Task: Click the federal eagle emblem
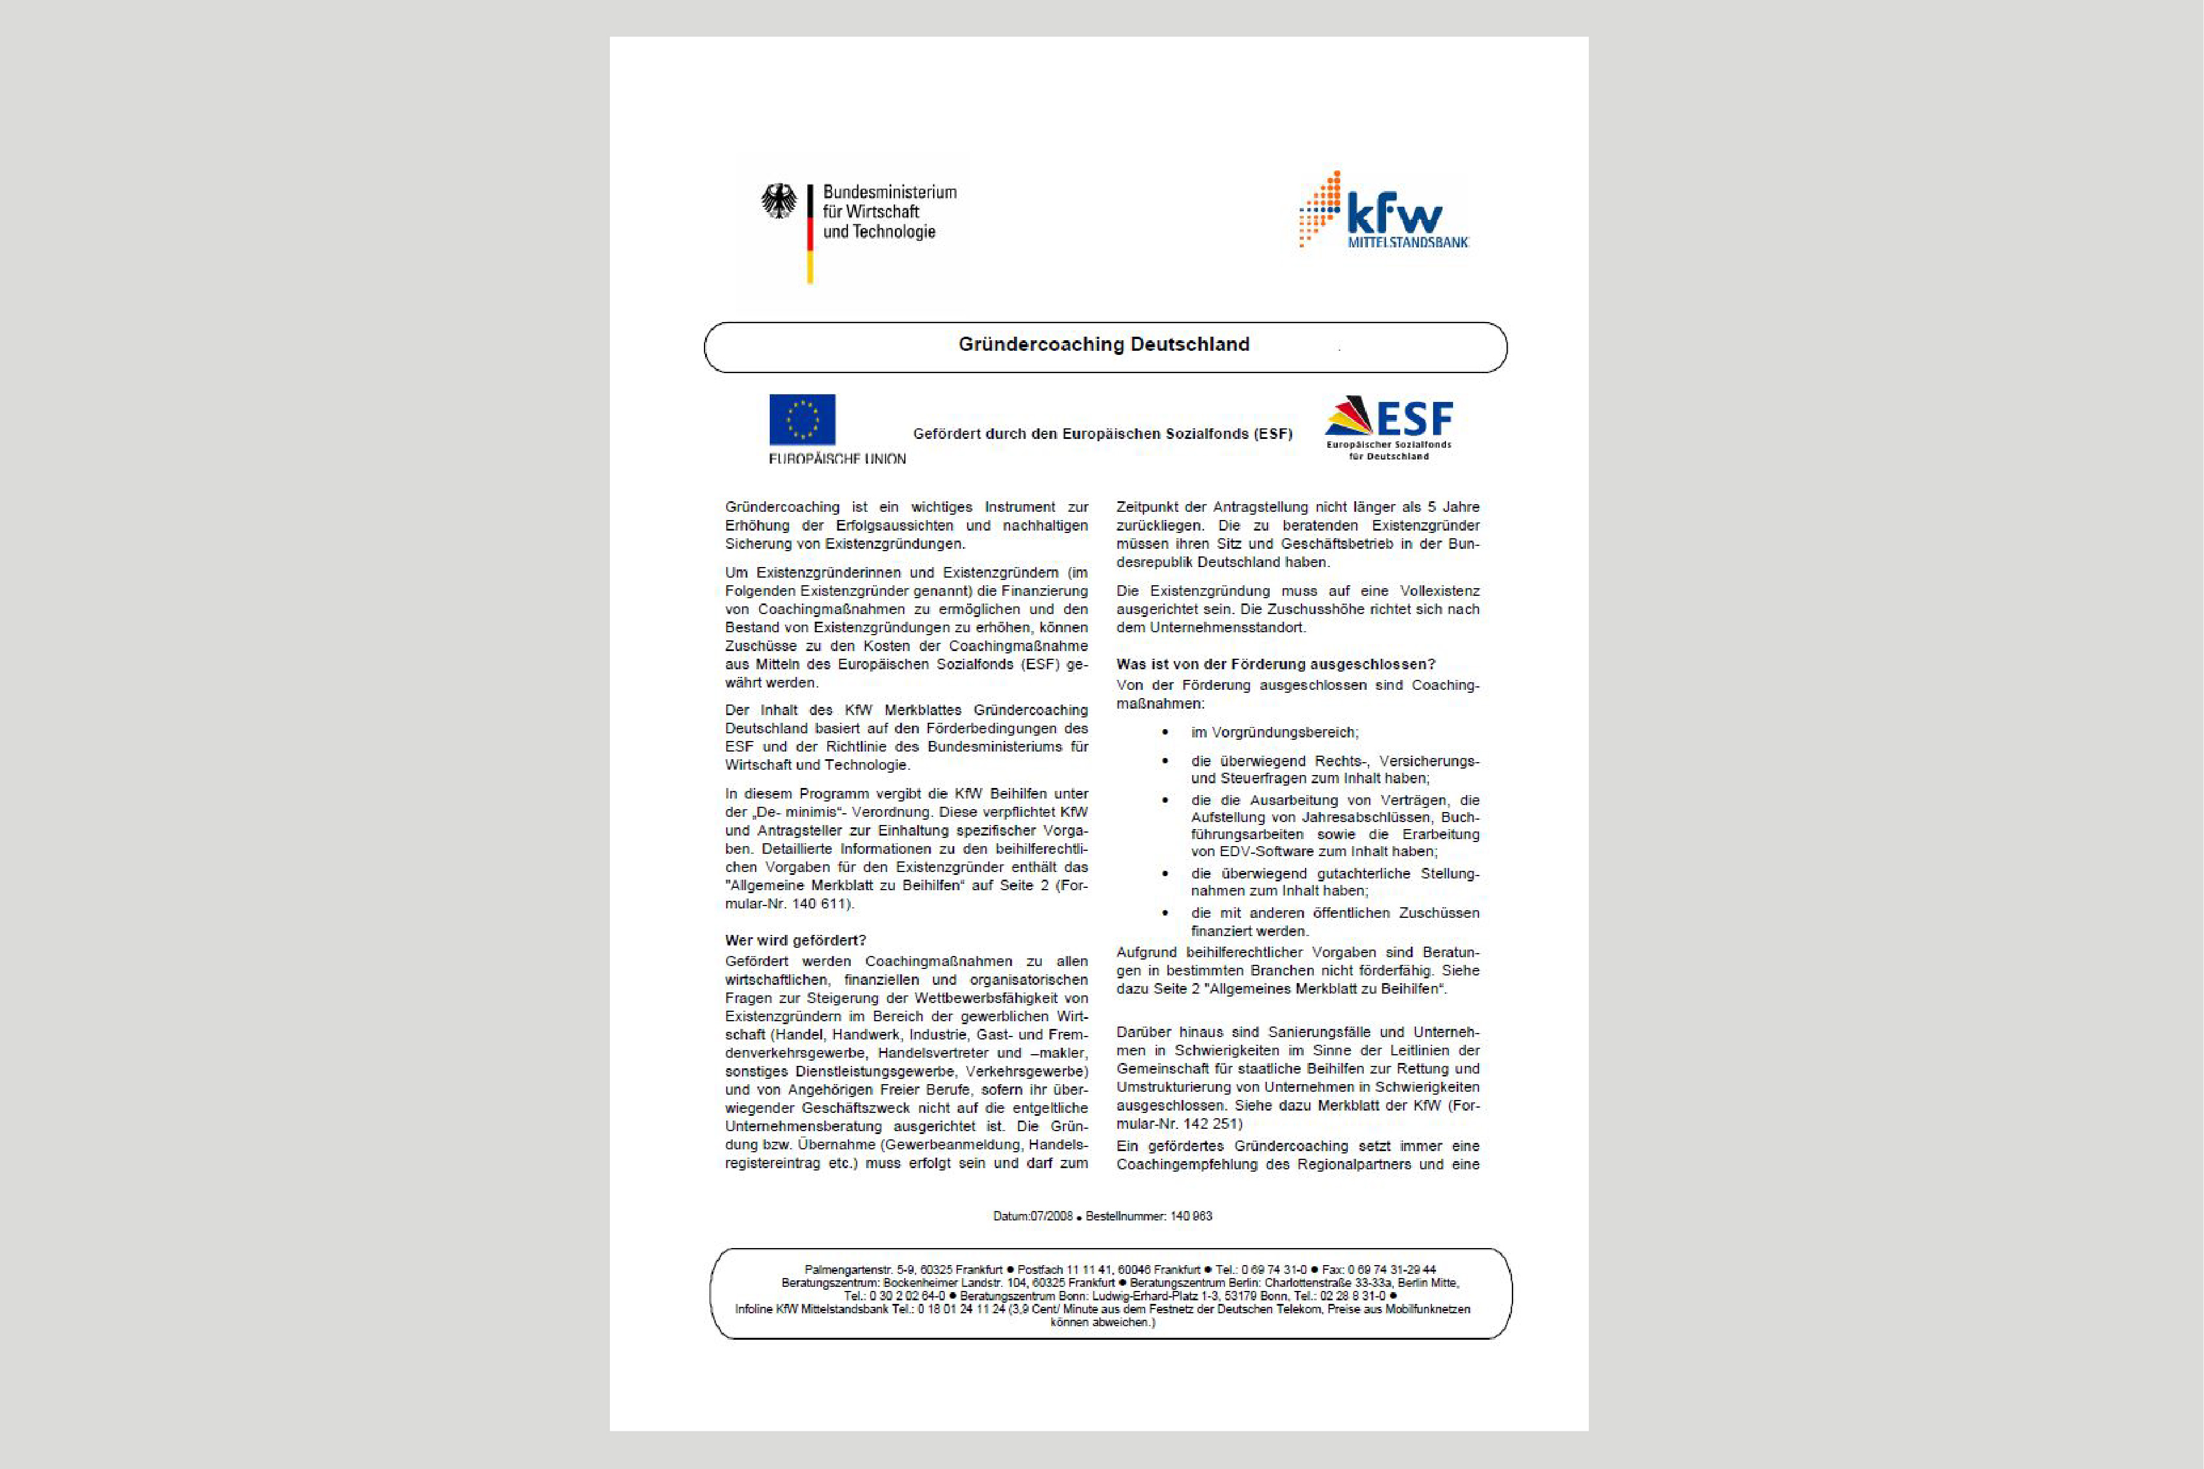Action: point(779,202)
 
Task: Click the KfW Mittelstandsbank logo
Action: point(1384,211)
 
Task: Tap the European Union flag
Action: point(802,420)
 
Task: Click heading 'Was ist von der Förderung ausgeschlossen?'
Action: point(1275,664)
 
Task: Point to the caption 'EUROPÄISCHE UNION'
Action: point(837,459)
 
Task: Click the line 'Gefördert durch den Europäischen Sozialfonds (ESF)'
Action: point(1102,434)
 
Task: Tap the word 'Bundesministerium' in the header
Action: point(890,192)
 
